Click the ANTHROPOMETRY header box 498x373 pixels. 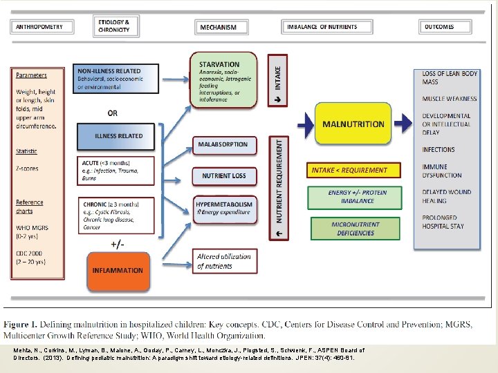(41, 27)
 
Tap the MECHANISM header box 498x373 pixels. (219, 28)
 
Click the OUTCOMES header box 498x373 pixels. (445, 27)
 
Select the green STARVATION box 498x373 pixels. (227, 80)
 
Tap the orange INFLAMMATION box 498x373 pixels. (118, 271)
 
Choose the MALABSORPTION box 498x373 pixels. (223, 146)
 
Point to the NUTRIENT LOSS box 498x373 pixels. (223, 176)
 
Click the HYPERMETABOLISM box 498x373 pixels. (223, 209)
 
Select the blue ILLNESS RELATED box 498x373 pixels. (119, 136)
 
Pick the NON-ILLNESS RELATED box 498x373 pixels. (119, 79)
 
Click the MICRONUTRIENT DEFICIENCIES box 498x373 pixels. (356, 229)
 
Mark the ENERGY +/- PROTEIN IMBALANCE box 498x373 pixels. (356, 197)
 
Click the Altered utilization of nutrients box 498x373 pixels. (223, 261)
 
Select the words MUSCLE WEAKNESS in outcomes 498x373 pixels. (449, 99)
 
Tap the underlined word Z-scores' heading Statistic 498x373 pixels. (27, 151)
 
